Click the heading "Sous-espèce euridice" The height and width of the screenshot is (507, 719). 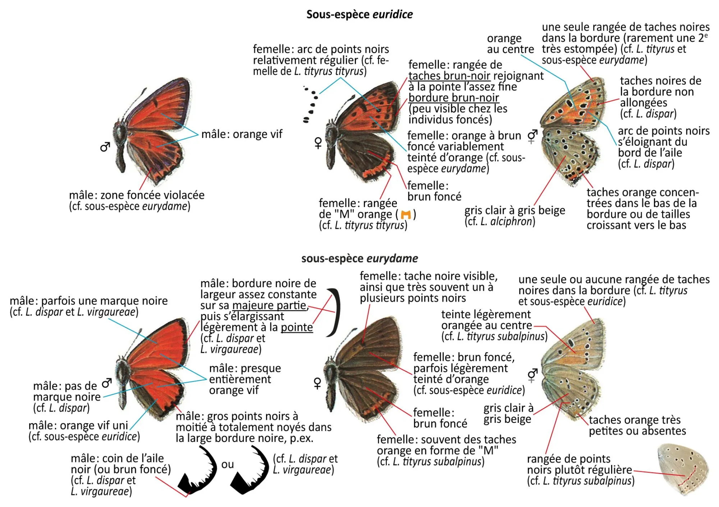359,14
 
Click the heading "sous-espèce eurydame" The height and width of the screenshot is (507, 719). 359,258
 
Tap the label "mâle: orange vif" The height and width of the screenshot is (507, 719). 242,134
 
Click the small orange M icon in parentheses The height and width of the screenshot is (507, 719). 406,215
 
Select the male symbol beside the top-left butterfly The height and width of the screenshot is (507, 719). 105,147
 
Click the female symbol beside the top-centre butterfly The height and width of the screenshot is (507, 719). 318,143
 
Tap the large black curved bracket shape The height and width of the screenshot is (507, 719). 334,312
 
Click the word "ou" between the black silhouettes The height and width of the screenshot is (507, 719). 227,465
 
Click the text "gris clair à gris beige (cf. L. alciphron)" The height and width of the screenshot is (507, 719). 514,216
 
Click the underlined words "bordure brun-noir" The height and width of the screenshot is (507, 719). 454,98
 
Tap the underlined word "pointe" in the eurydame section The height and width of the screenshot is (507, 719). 297,327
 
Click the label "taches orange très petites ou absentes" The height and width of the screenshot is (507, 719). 637,425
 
